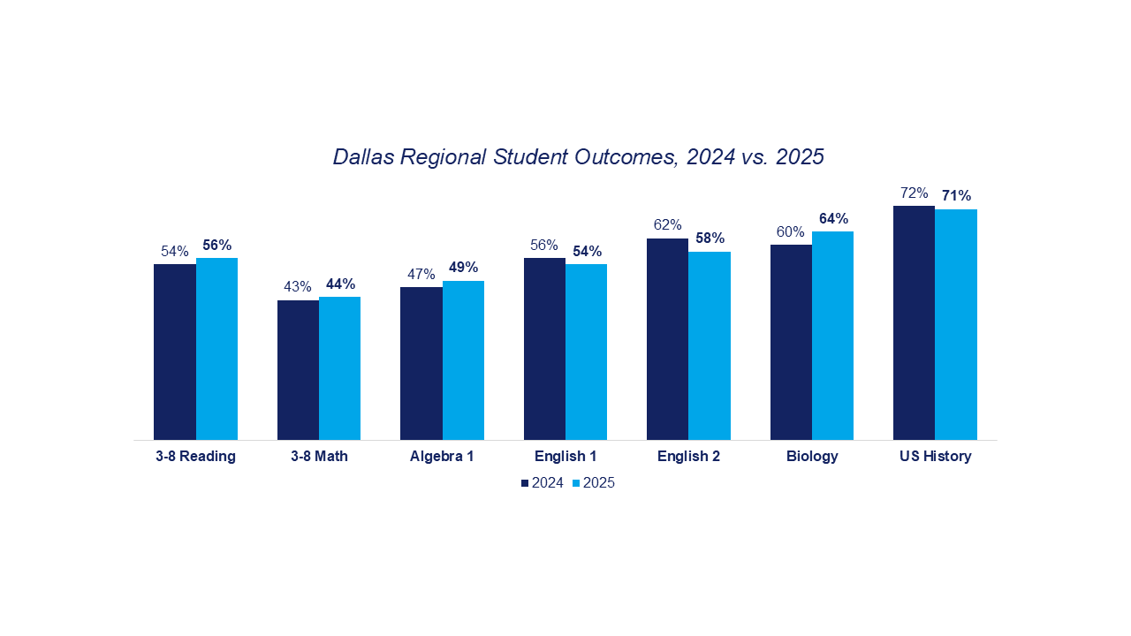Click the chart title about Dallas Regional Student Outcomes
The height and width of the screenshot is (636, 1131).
coord(578,157)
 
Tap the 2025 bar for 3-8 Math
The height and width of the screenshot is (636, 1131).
coord(339,368)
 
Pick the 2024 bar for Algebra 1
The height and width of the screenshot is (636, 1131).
coord(421,363)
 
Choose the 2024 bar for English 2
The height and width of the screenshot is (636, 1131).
coord(667,339)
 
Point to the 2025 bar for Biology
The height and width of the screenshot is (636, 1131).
coord(832,336)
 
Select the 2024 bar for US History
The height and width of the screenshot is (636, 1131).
coord(914,322)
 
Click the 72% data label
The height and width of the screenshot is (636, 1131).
coord(914,193)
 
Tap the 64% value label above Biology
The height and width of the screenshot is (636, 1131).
coord(833,218)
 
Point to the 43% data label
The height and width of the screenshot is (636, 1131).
coord(298,286)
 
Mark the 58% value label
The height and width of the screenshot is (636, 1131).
coord(710,238)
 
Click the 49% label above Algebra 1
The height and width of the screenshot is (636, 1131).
coord(463,267)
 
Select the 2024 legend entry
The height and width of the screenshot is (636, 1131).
coord(543,483)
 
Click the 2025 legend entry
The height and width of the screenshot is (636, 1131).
coord(594,483)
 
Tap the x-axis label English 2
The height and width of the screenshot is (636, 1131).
coord(688,457)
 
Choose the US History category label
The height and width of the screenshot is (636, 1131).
coord(935,457)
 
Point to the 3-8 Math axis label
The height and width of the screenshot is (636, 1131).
coord(319,457)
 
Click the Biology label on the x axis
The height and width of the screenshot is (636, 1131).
coord(812,457)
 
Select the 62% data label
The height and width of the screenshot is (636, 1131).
coord(667,224)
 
